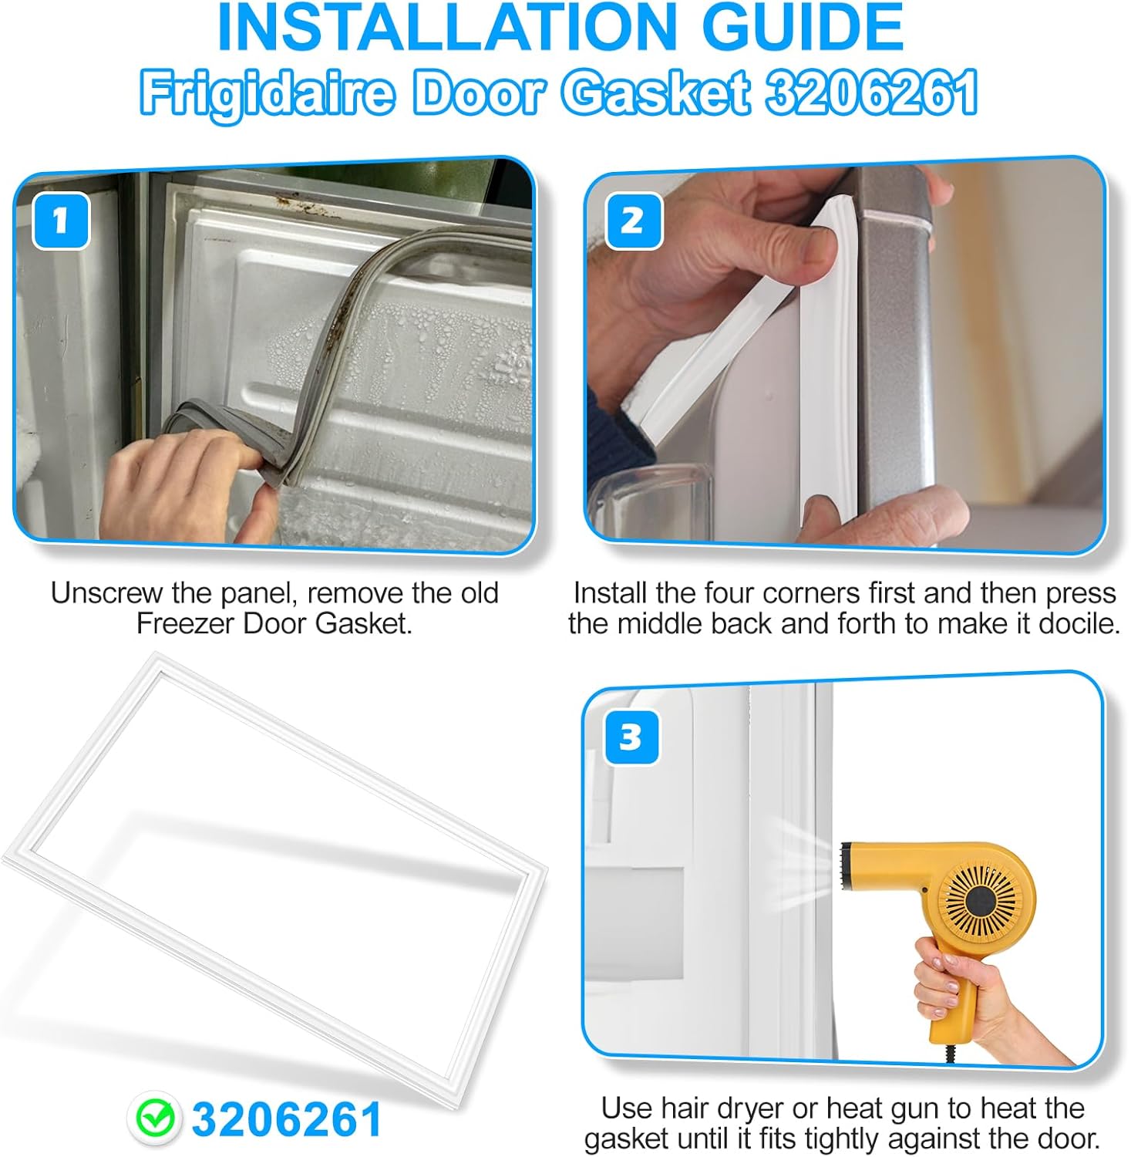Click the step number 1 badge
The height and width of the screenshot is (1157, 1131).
click(x=61, y=221)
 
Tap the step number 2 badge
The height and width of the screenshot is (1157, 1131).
click(x=633, y=221)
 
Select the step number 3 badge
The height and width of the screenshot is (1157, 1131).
click(x=631, y=737)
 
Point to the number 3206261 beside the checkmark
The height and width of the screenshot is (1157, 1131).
click(x=287, y=1119)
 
